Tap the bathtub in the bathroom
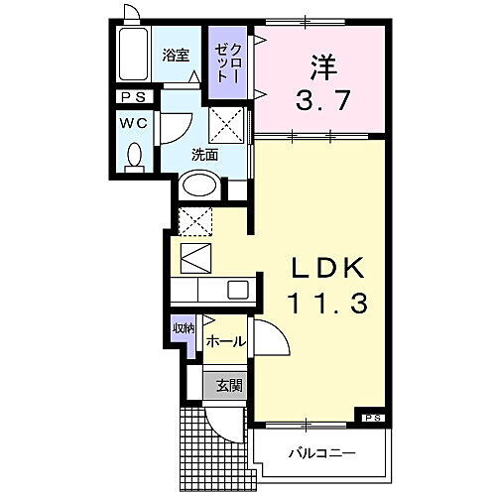tap(130, 59)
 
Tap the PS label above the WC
tap(132, 97)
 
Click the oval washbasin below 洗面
tap(198, 186)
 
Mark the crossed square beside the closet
tap(226, 126)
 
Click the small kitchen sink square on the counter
tap(238, 290)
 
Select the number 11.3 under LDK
tap(328, 305)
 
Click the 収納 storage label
tap(184, 328)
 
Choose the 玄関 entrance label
tap(228, 385)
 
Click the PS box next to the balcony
tap(370, 417)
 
